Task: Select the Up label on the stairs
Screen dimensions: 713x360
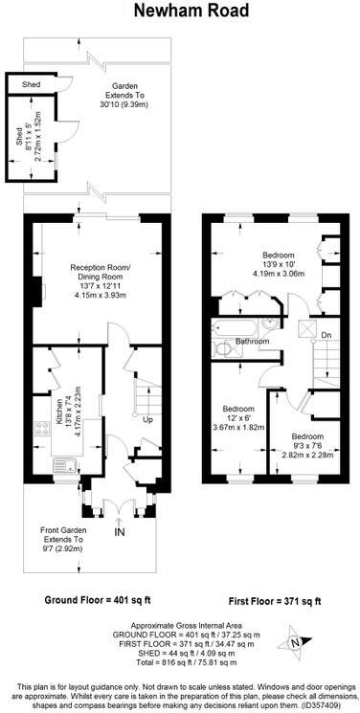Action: pos(147,419)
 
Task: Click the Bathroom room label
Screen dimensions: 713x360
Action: pos(254,342)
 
